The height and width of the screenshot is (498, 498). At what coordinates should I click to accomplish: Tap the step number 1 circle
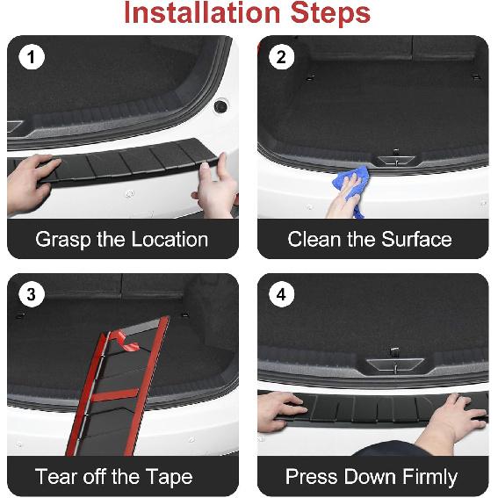(x=31, y=59)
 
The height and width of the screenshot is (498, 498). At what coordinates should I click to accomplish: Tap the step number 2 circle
(x=280, y=59)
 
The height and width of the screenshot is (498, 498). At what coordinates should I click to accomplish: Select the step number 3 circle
(x=31, y=295)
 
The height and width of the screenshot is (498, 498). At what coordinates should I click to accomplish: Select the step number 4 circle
(x=280, y=295)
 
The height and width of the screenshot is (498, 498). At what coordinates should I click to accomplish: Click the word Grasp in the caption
(x=63, y=240)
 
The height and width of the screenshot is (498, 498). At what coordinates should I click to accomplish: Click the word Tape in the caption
(x=169, y=478)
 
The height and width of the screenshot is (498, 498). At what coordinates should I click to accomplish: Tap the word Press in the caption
(x=311, y=478)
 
